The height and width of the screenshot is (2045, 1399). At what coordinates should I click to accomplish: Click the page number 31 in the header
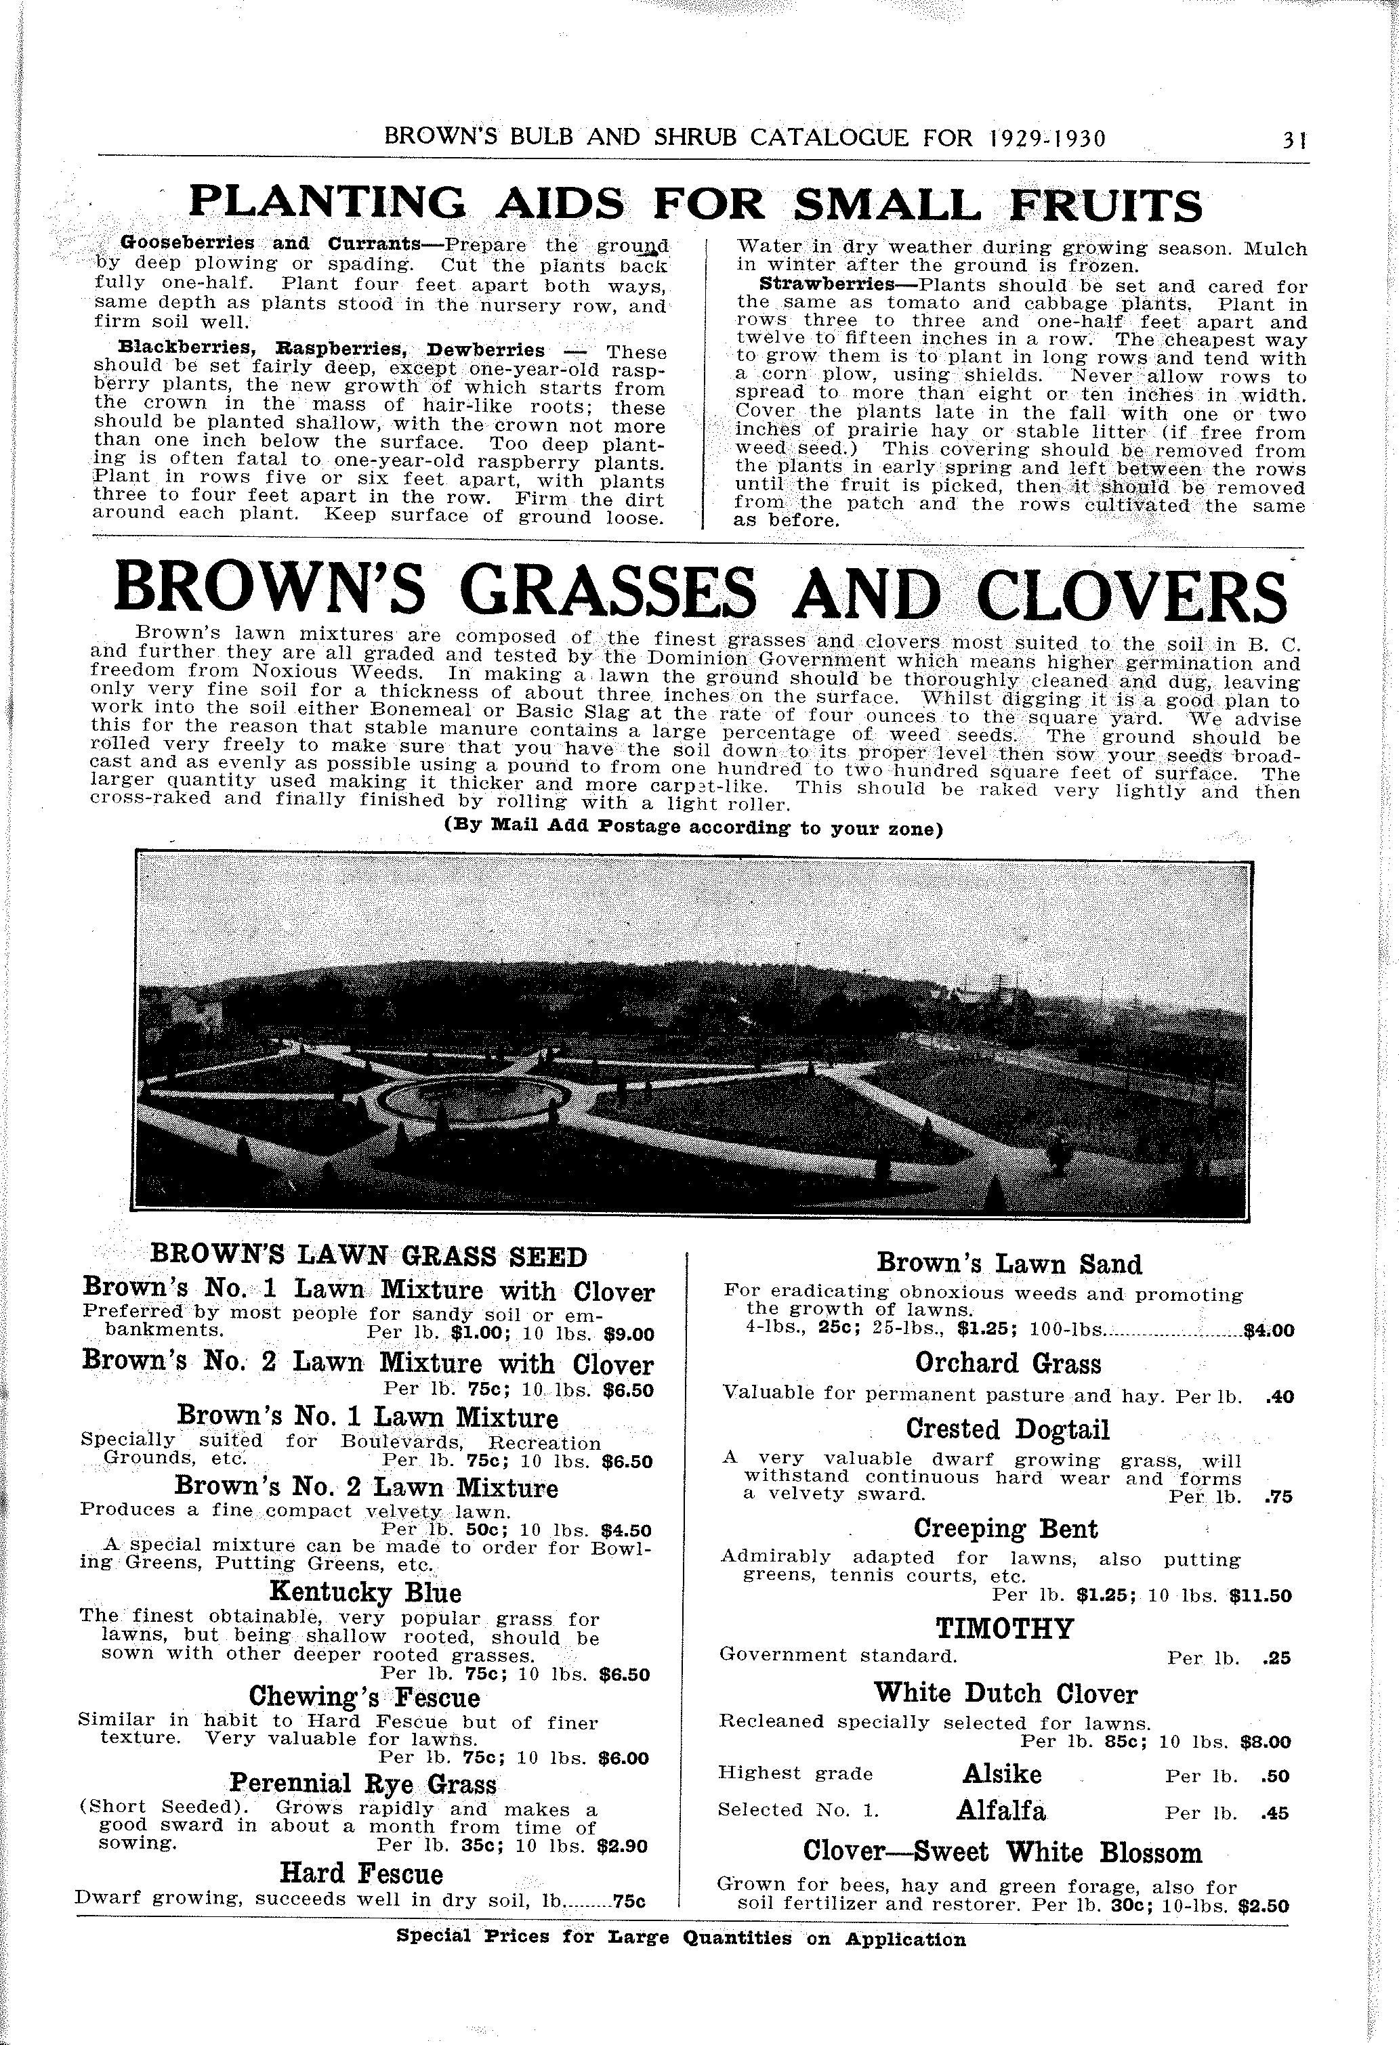coord(1293,140)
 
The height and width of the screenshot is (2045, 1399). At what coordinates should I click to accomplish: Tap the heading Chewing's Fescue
coord(364,1696)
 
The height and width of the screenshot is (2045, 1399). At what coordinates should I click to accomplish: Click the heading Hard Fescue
coord(361,1872)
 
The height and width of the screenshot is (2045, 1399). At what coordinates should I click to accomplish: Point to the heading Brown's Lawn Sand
coord(1009,1264)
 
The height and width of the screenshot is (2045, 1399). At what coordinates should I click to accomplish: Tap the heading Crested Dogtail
coord(1008,1429)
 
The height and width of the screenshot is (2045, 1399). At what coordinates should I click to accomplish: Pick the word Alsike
coord(1002,1773)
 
